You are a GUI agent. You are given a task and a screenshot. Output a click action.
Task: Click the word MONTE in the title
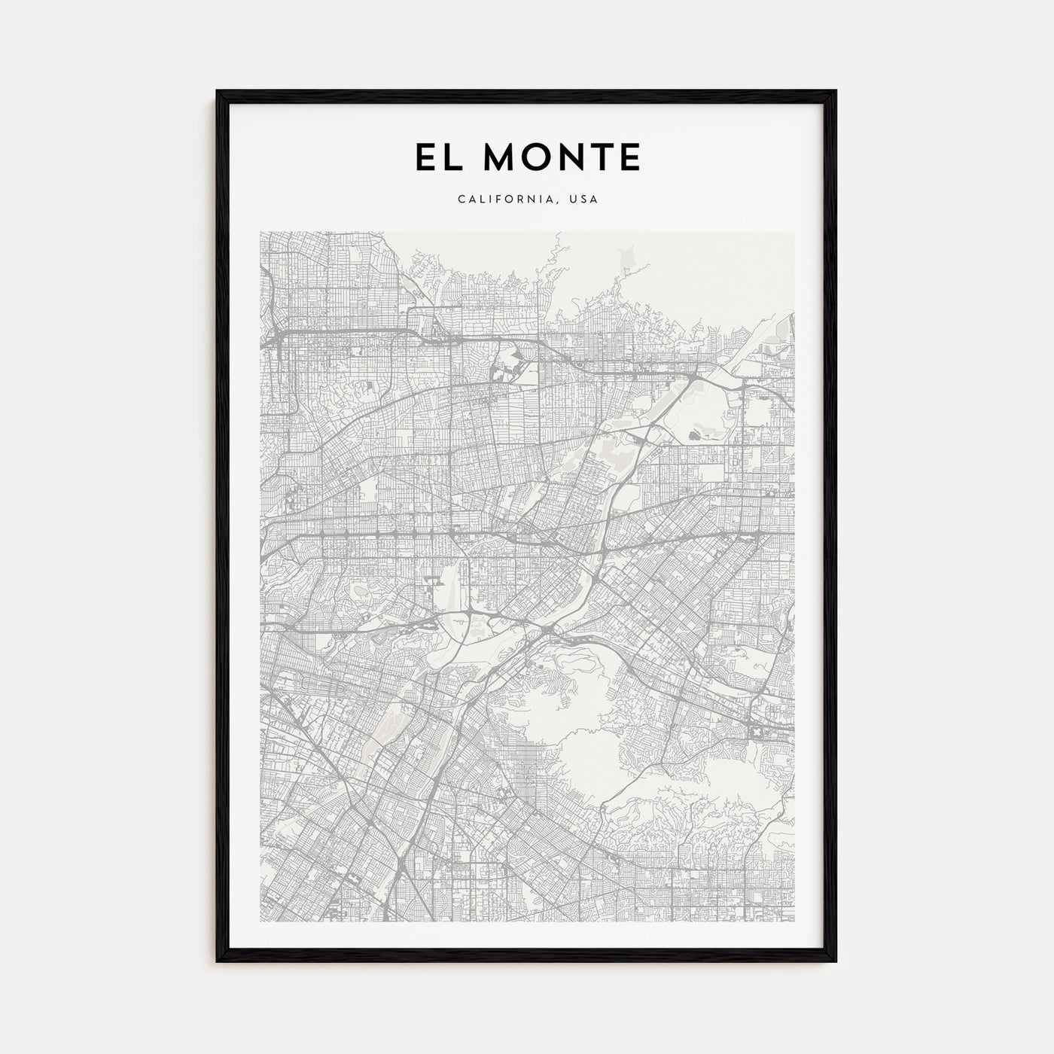pyautogui.click(x=558, y=157)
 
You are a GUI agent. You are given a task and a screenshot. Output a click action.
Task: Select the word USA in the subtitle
pyautogui.click(x=584, y=200)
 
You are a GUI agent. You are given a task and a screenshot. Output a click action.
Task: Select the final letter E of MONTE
pyautogui.click(x=629, y=157)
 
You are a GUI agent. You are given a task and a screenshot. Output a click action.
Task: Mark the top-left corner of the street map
pyautogui.click(x=260, y=232)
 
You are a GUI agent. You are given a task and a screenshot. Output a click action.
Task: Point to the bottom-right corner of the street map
pyautogui.click(x=794, y=921)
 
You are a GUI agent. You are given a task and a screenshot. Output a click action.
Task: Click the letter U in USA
pyautogui.click(x=574, y=200)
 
